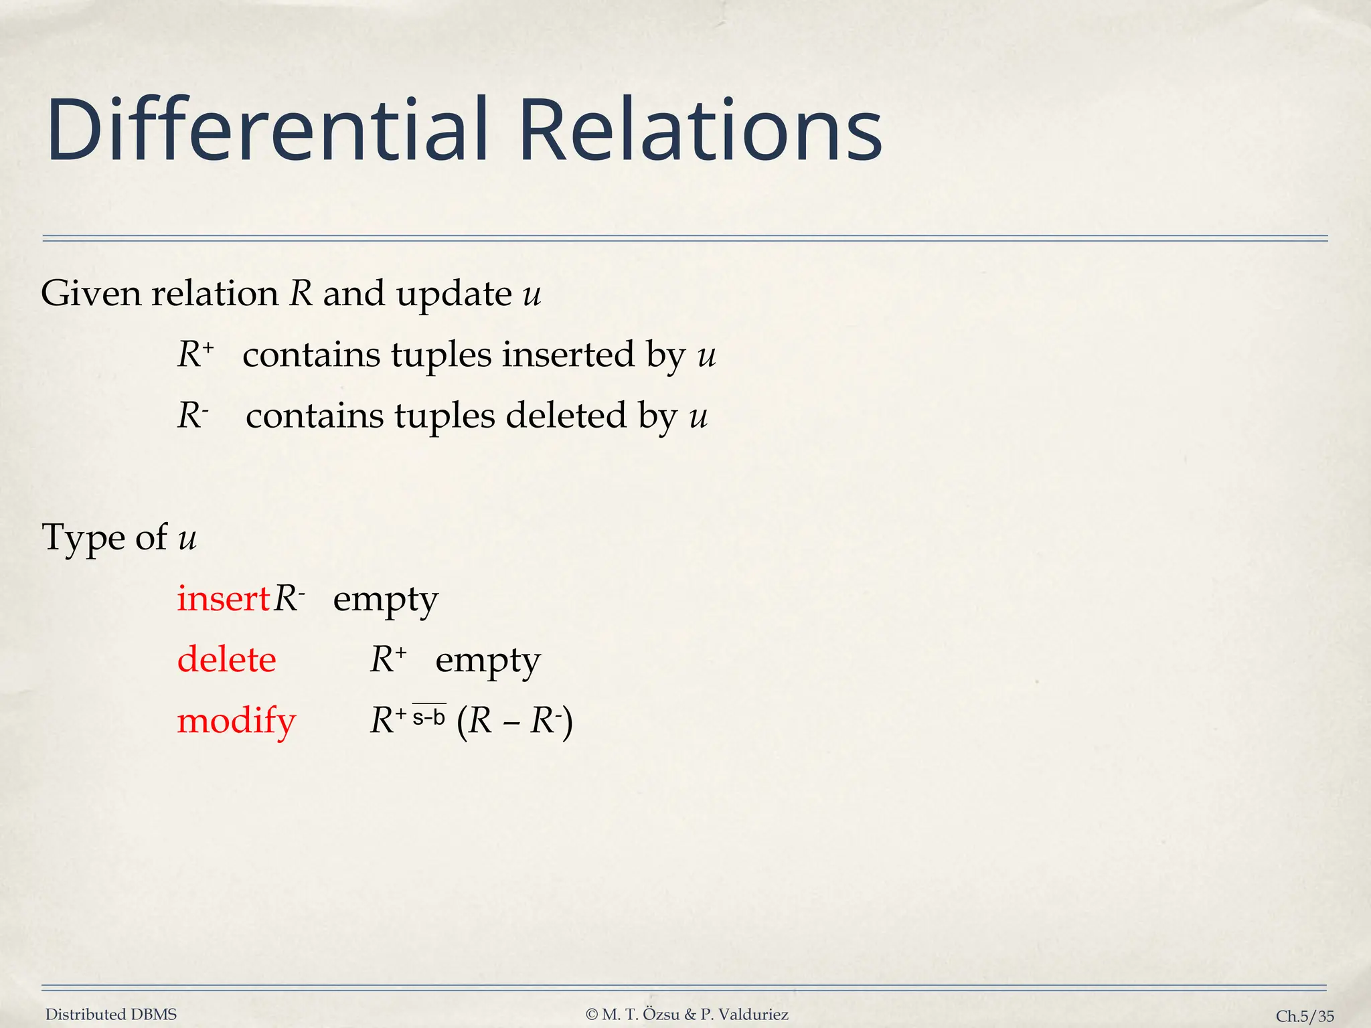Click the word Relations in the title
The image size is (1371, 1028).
[700, 131]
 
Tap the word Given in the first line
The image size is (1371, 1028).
[90, 294]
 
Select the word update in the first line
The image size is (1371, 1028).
[454, 294]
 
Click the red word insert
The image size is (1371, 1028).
[223, 598]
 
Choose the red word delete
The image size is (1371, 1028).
[226, 660]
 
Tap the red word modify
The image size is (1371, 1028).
[236, 721]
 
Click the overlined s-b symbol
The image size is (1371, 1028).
[428, 717]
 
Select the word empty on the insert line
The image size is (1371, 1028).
[386, 598]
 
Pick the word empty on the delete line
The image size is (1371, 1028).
[487, 660]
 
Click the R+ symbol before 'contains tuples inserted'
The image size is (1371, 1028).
[195, 354]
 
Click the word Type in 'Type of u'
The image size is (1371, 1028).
[83, 537]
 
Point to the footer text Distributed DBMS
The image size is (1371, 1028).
[111, 1015]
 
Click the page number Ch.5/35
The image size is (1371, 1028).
[1305, 1016]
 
